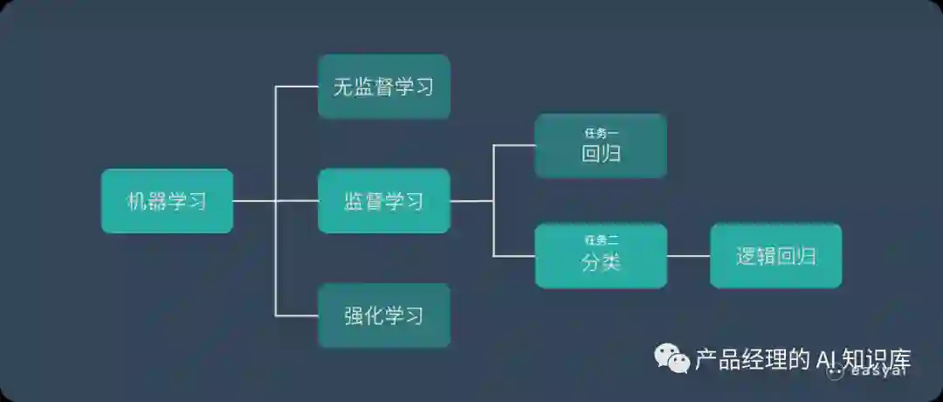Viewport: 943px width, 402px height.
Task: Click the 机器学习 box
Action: click(167, 201)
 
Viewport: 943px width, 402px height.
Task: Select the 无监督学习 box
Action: click(383, 87)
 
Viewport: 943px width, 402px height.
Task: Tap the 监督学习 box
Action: click(383, 201)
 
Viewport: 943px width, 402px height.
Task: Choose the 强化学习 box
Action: click(383, 315)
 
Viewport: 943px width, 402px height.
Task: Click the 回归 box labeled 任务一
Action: click(601, 146)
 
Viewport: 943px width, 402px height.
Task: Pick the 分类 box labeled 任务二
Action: click(601, 256)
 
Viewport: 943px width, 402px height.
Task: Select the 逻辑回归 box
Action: click(775, 256)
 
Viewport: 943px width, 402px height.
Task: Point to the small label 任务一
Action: click(601, 133)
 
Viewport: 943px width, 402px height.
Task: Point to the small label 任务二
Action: click(601, 239)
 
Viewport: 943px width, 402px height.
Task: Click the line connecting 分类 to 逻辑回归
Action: click(688, 256)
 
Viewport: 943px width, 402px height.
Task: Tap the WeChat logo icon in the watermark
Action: click(672, 357)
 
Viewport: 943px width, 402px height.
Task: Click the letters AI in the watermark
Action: click(826, 359)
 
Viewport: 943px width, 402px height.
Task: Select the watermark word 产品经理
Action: click(742, 359)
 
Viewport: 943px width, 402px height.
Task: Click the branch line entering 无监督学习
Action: click(297, 87)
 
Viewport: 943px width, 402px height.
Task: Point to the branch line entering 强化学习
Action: click(297, 315)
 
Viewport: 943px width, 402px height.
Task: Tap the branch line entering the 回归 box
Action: click(515, 146)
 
